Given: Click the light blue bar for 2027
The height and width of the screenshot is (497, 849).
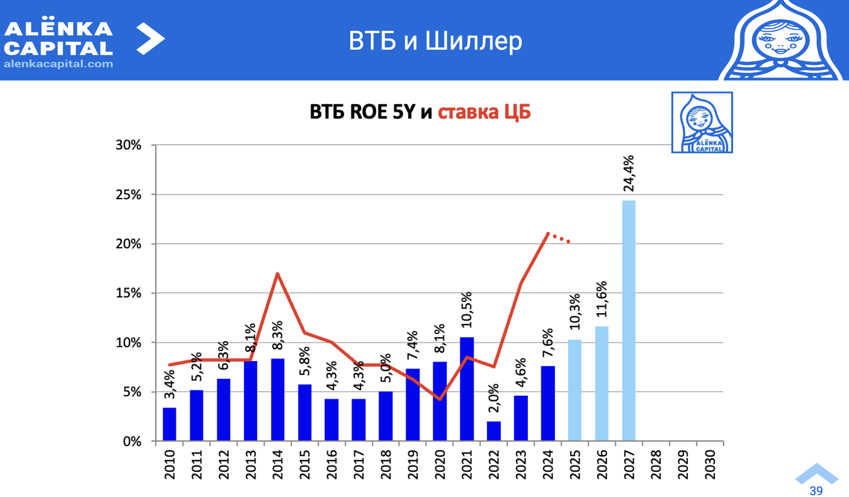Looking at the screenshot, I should (628, 320).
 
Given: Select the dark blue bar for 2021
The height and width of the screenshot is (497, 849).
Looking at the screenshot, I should (466, 388).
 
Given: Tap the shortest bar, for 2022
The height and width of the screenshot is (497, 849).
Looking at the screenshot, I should (493, 431).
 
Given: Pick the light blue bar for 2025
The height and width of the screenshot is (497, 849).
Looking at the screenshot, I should (574, 390).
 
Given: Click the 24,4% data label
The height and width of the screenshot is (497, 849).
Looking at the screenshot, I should (628, 174).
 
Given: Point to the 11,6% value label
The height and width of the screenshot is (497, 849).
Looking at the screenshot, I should (601, 299).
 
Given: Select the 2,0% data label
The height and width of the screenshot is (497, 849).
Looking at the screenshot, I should (493, 398).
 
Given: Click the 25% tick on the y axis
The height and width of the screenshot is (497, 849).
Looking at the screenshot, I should (129, 195).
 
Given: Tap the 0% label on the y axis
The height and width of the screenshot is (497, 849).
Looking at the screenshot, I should (132, 442).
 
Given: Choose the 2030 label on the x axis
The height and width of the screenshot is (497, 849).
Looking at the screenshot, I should (710, 464).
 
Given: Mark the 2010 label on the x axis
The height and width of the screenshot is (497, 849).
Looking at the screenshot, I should (170, 464).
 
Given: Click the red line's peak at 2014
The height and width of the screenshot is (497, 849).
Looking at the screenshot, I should (277, 274).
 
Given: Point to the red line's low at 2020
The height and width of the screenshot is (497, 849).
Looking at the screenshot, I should (440, 398).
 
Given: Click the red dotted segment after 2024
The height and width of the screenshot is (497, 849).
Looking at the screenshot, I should (559, 238).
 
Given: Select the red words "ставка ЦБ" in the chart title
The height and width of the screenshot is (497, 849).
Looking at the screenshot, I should (484, 112).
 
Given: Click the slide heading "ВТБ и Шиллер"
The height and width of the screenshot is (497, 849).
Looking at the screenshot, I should (435, 41).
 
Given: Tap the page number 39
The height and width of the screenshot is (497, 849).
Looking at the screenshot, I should (816, 490).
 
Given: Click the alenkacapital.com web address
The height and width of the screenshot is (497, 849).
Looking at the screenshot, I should (58, 64).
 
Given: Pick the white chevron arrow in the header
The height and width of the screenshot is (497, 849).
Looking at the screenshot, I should (150, 39).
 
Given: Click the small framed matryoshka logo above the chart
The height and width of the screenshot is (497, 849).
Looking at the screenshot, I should (702, 123).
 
